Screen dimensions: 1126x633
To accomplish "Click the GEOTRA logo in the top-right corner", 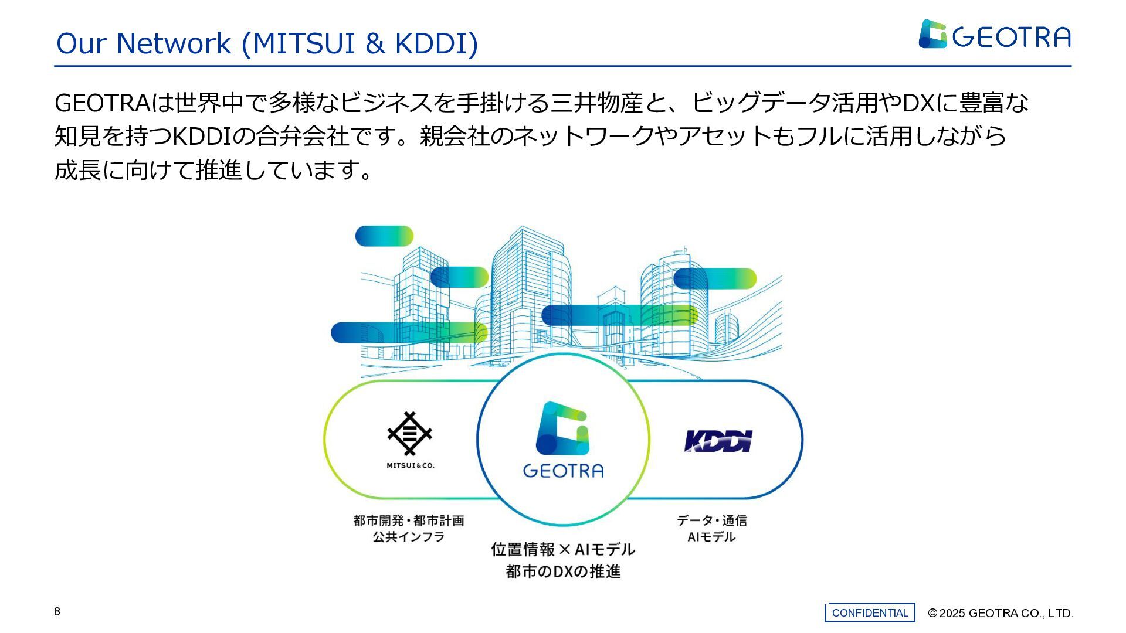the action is [994, 35].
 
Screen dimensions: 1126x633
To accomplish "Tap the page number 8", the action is [57, 612].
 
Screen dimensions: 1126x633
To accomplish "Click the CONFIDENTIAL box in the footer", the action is [870, 612].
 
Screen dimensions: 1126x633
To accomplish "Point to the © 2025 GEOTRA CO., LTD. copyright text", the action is [1000, 613].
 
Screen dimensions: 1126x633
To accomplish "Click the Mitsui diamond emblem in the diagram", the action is [409, 433].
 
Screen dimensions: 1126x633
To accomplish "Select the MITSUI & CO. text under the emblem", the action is [410, 465].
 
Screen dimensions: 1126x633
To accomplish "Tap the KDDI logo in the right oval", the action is [718, 441].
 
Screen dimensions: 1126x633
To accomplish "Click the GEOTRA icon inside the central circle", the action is [562, 428].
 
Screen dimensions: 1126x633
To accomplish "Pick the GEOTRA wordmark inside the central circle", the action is [563, 471].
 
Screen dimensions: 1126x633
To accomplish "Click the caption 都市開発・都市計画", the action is [409, 520].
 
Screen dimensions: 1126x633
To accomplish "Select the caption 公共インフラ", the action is [409, 537].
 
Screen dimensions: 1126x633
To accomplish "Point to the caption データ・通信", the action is [711, 520].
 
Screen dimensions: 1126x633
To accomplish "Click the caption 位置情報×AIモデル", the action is [563, 550].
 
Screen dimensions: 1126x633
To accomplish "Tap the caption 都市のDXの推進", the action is [563, 571].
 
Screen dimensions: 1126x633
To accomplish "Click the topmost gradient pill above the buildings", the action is [384, 236].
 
